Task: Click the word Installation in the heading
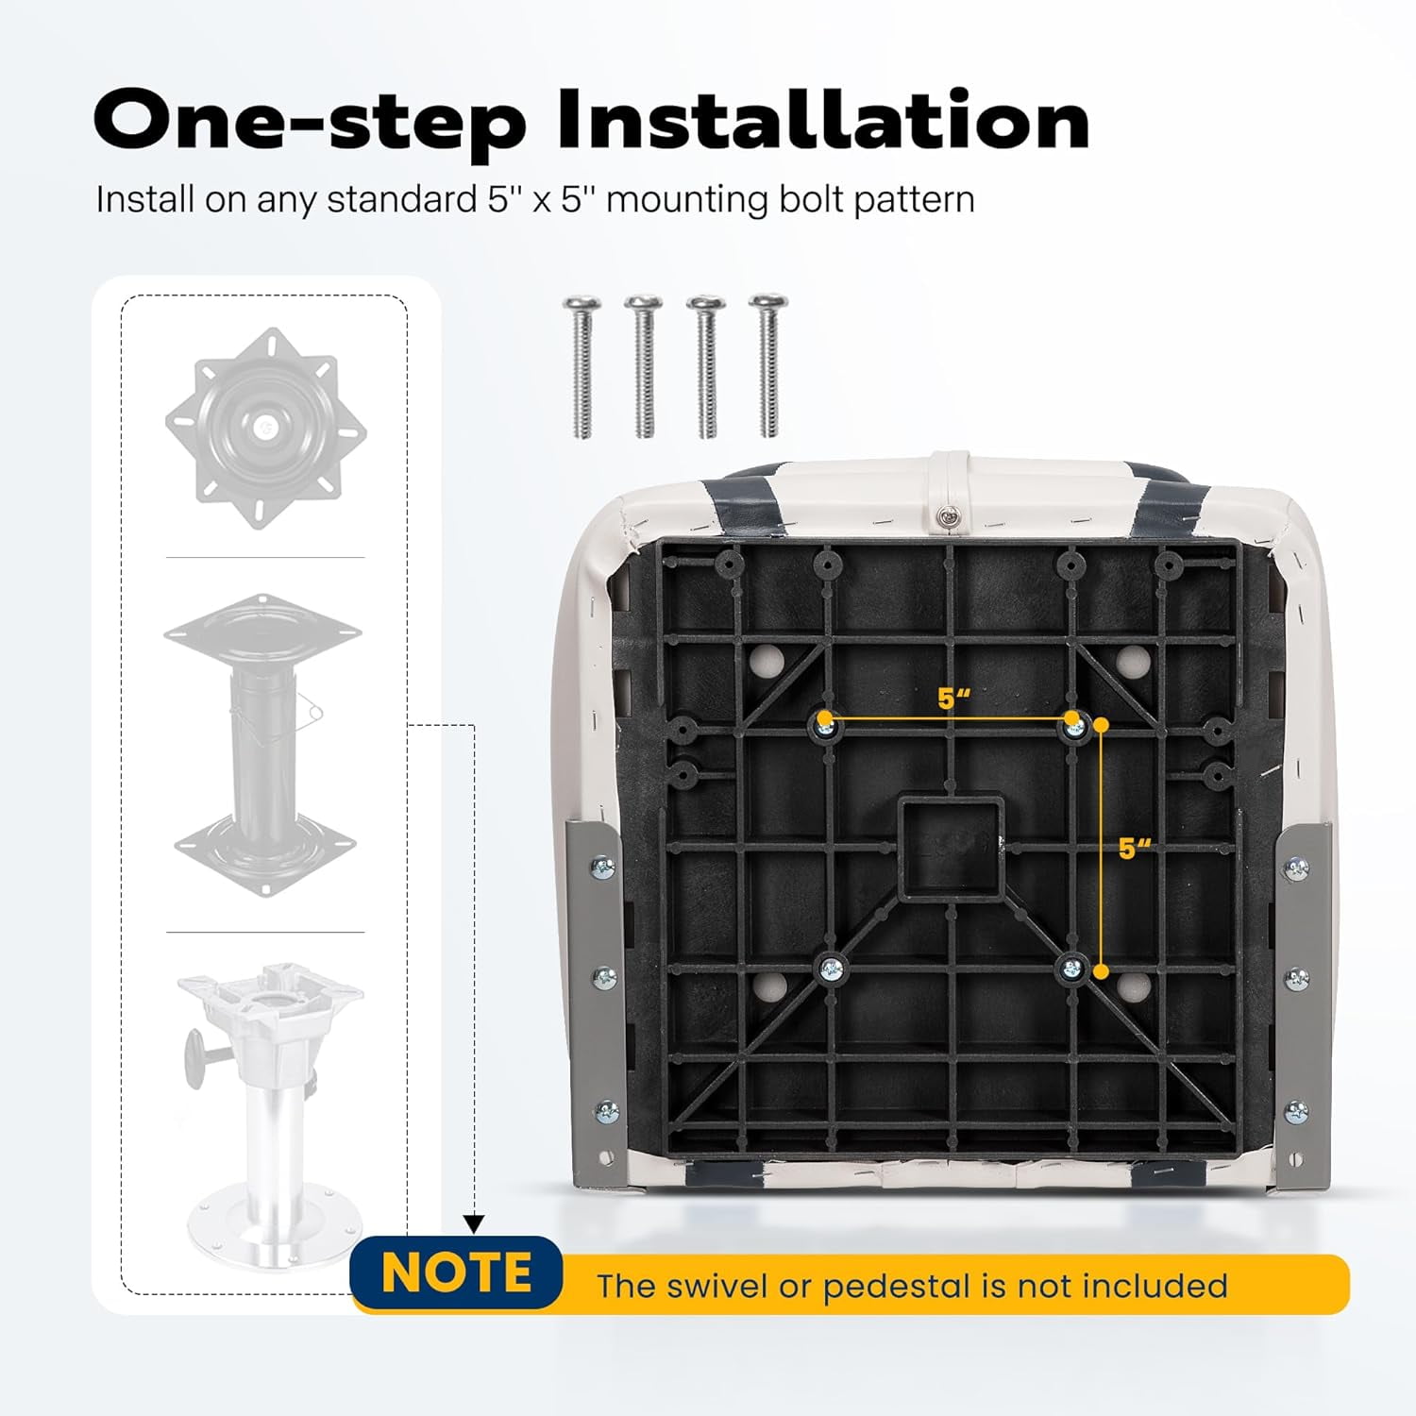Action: [x=824, y=120]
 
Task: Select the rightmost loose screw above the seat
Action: [x=768, y=366]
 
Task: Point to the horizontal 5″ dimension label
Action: [x=954, y=700]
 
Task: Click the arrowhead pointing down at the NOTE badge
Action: [x=475, y=1224]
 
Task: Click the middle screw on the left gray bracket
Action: [x=604, y=977]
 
